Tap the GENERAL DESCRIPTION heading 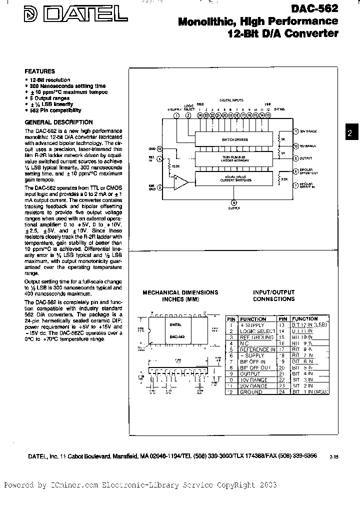[x=58, y=122]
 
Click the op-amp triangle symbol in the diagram [x=178, y=178]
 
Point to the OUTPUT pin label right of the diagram [x=305, y=158]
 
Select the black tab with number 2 [x=350, y=133]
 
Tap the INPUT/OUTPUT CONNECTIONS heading [x=273, y=295]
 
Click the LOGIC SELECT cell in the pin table [x=257, y=331]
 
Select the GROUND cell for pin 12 [x=251, y=392]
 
